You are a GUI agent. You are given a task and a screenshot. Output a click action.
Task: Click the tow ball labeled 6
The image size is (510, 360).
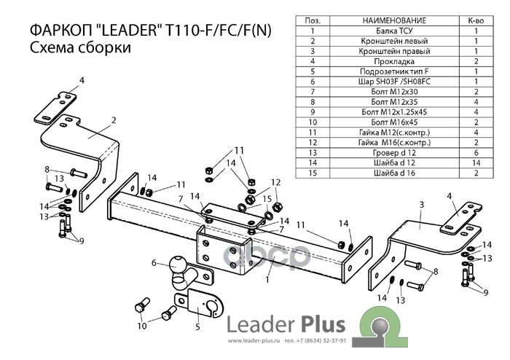(x=177, y=267)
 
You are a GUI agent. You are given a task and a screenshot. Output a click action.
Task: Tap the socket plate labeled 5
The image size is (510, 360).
(x=198, y=303)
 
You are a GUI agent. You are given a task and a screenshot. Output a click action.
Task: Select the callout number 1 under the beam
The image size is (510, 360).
(x=267, y=279)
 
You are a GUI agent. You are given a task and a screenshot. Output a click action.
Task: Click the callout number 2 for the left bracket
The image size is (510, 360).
(x=114, y=120)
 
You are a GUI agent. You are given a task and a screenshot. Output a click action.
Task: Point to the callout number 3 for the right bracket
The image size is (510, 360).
(x=422, y=205)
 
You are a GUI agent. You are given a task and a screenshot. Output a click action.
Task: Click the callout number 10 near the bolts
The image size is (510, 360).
(x=142, y=326)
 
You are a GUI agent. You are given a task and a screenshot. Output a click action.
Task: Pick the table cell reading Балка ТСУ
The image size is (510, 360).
(x=394, y=31)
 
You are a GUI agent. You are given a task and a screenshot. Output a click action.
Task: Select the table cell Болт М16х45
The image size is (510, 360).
(x=394, y=122)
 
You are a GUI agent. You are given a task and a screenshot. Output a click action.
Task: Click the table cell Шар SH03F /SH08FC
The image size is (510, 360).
(x=394, y=82)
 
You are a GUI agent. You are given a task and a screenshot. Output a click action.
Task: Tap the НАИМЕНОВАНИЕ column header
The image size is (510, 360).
(x=394, y=21)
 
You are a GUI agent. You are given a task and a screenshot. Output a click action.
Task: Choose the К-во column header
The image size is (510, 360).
(x=476, y=21)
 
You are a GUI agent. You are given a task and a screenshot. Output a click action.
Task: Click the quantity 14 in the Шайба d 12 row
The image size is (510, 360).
(x=476, y=163)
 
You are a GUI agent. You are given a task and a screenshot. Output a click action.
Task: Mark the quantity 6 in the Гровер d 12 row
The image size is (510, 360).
(x=476, y=153)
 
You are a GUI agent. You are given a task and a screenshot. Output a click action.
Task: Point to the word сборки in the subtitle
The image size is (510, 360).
(x=104, y=48)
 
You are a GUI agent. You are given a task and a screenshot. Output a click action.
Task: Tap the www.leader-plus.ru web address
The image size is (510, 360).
(x=254, y=341)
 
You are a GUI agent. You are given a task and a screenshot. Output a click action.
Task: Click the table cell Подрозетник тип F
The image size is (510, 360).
(x=394, y=71)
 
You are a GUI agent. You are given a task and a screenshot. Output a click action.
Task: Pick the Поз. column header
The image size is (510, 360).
(x=313, y=21)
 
